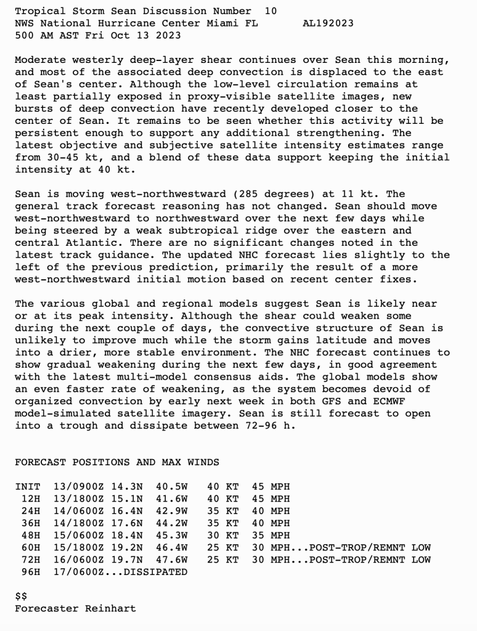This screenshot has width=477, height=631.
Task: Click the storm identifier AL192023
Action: [328, 23]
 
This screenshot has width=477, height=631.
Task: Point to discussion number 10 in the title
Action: [271, 11]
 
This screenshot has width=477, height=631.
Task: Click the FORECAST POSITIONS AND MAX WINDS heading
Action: [117, 462]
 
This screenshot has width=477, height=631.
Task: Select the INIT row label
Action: [28, 487]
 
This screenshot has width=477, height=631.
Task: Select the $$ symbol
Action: [21, 596]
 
